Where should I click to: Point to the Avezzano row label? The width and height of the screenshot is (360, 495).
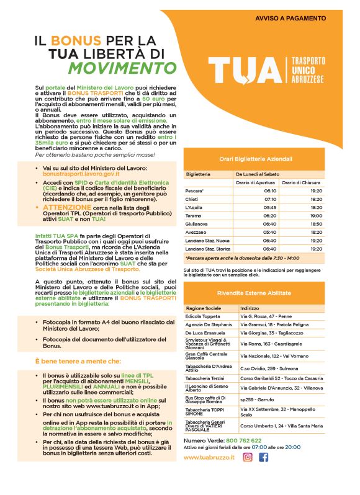(x=197, y=232)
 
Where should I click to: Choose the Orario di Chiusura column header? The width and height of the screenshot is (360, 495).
(x=300, y=182)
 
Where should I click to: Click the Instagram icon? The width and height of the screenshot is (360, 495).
(x=248, y=475)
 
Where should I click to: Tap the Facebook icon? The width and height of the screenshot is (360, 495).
(x=264, y=475)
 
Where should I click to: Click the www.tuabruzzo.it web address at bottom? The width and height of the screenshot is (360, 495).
(x=209, y=475)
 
